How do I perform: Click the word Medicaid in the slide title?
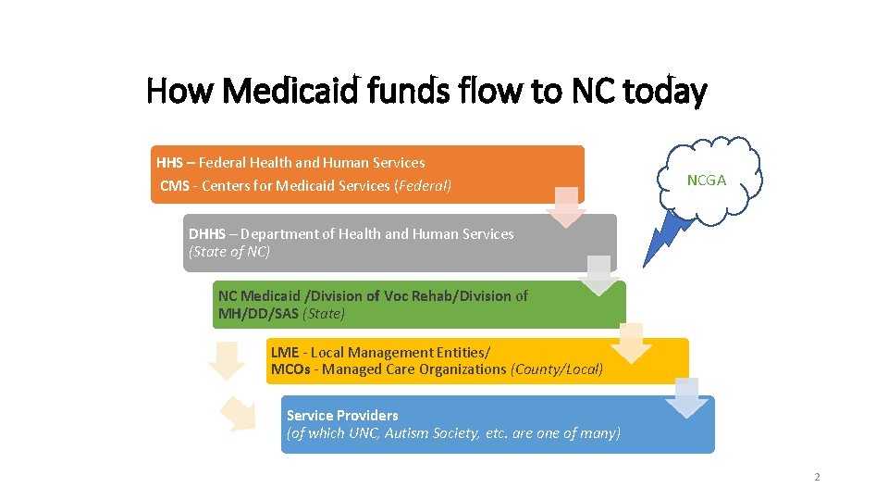pos(282,92)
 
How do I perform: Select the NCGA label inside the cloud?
pos(707,181)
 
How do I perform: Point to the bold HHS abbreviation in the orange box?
pos(170,162)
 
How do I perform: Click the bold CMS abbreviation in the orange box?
pos(174,185)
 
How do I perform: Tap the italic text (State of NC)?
pos(229,252)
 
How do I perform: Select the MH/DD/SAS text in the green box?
pos(258,314)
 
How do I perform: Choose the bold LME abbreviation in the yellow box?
pos(285,353)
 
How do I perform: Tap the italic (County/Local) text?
pos(557,369)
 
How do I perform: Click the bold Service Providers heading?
pos(342,416)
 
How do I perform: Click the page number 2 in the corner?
pos(817,477)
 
